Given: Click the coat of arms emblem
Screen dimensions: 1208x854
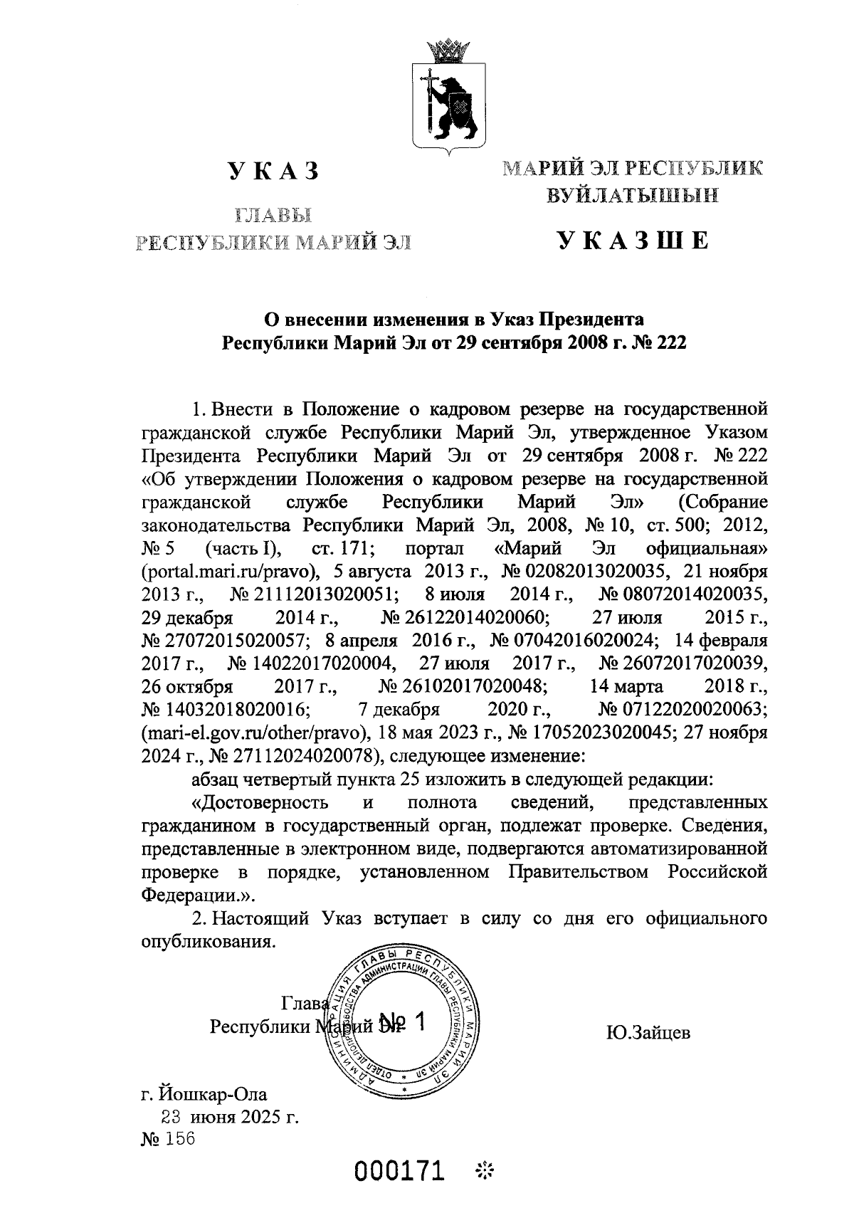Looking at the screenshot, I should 448,96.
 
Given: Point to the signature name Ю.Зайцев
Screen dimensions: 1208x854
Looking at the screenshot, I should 648,1032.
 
